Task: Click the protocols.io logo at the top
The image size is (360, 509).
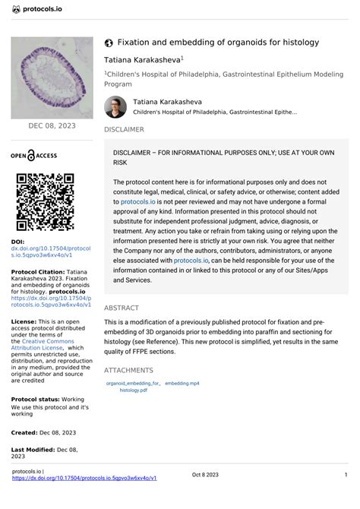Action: tap(37, 9)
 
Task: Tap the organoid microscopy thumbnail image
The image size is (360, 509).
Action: tap(52, 79)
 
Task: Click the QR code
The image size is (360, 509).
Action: tap(45, 201)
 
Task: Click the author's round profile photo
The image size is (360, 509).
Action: tap(116, 107)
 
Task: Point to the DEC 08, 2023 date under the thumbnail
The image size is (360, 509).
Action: tap(52, 125)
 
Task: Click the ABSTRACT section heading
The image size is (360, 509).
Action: tap(121, 308)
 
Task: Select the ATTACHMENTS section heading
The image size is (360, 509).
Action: tap(128, 370)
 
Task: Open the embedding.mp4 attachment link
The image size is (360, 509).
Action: tap(182, 384)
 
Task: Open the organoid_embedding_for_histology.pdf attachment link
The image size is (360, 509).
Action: tap(134, 387)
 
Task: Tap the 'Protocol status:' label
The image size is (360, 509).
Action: tap(36, 398)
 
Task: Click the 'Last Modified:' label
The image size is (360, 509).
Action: tap(36, 450)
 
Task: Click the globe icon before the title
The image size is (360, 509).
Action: tap(109, 43)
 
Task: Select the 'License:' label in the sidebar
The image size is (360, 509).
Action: tap(23, 321)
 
